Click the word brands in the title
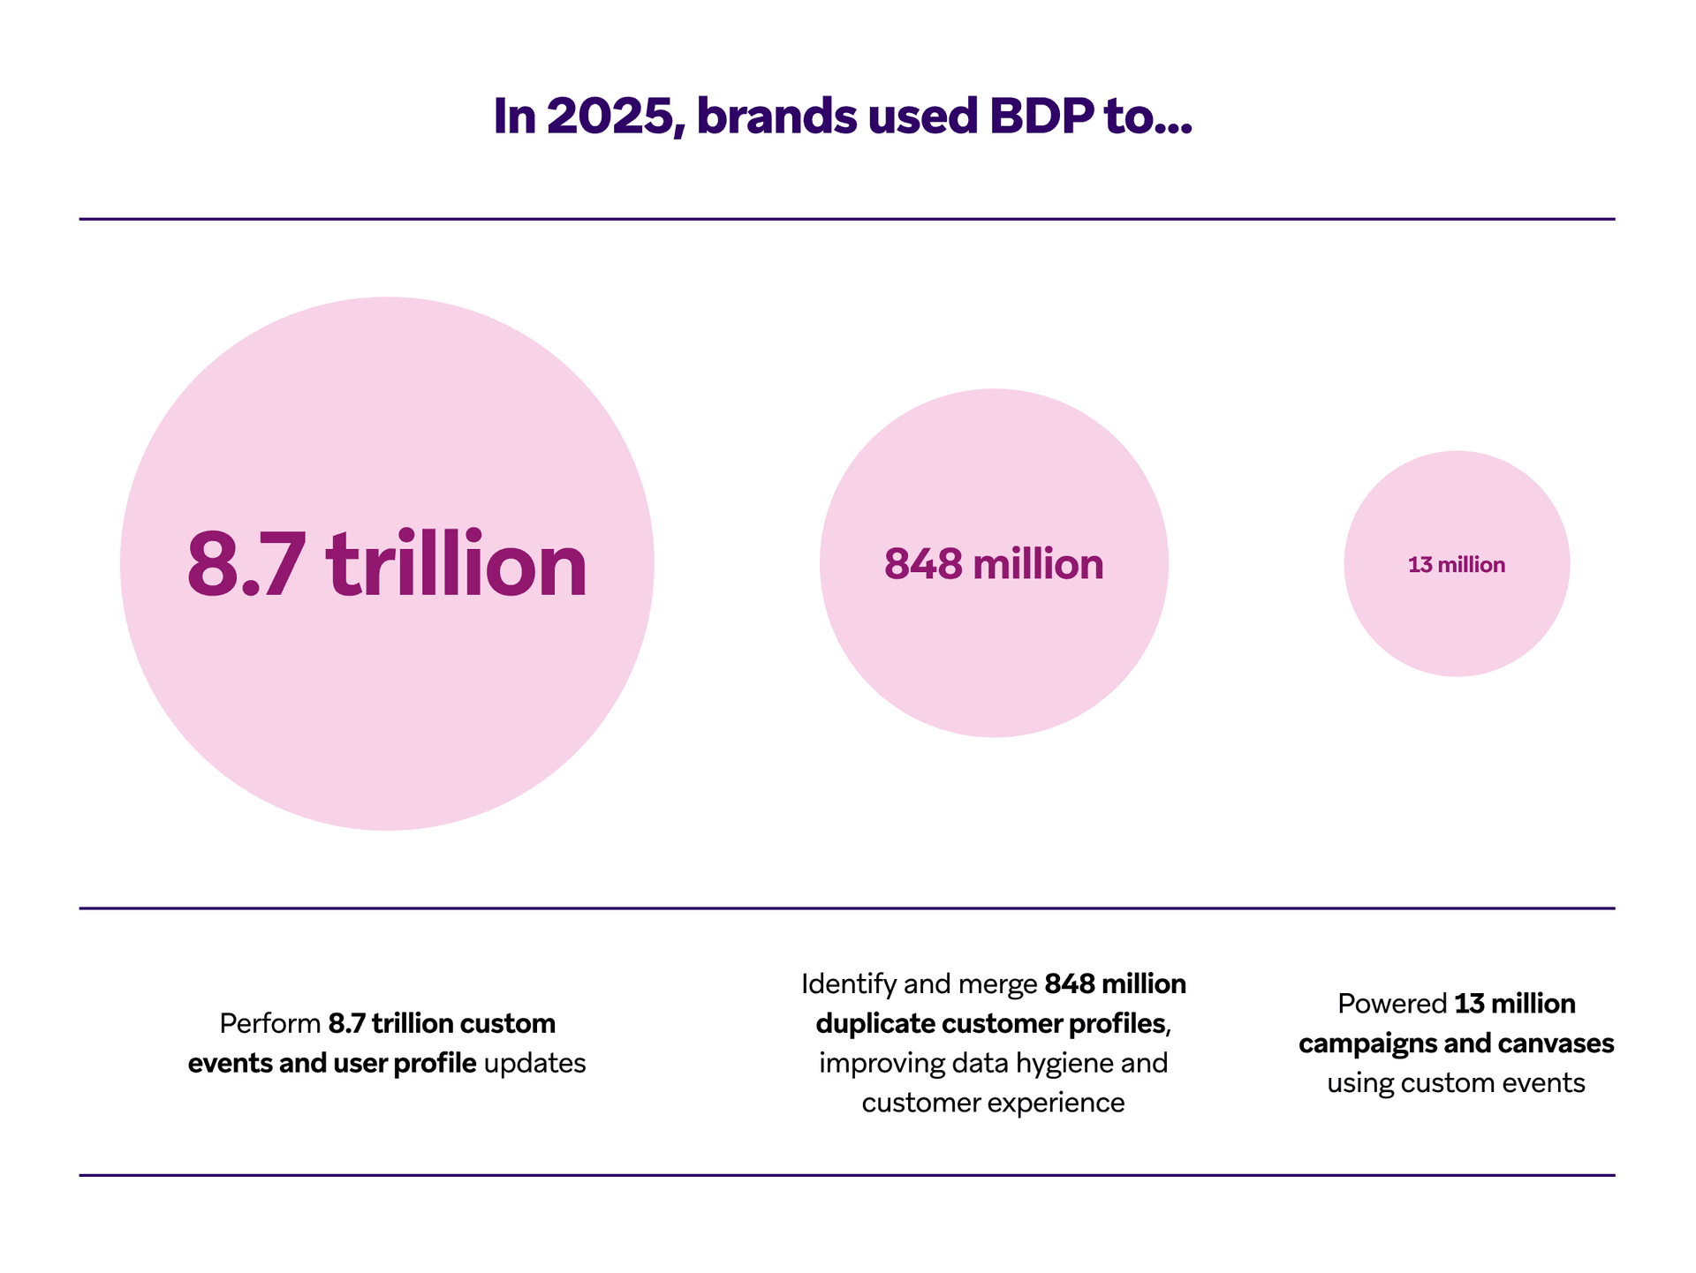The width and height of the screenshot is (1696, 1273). [x=776, y=117]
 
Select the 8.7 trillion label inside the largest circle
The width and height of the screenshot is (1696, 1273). [x=387, y=564]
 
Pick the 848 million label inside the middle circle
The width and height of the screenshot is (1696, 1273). [x=994, y=564]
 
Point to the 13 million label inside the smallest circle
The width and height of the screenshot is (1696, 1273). [x=1456, y=565]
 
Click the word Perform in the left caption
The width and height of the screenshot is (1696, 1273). [x=269, y=1024]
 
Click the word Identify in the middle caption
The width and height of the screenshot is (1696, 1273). [x=849, y=984]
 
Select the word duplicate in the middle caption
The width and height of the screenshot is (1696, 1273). [x=875, y=1024]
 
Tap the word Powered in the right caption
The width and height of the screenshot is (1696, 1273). [x=1391, y=1004]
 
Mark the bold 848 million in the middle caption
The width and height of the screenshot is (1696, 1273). [x=1115, y=984]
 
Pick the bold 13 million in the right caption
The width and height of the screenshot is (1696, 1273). [x=1515, y=1004]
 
